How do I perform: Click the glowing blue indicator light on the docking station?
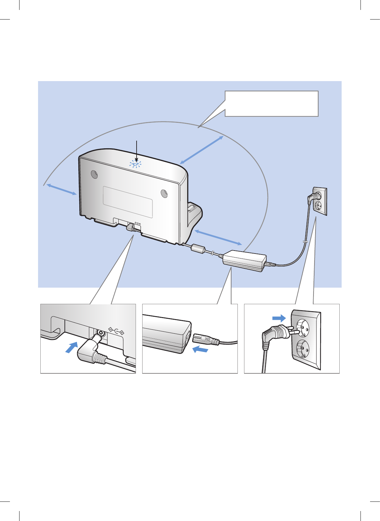(135, 164)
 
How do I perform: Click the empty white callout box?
(272, 104)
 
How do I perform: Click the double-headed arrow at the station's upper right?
(202, 150)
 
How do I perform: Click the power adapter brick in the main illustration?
(244, 260)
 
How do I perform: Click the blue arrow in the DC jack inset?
(72, 348)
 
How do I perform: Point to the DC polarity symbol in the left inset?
(116, 330)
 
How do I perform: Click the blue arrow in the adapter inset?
(200, 349)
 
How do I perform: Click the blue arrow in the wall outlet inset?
(279, 318)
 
